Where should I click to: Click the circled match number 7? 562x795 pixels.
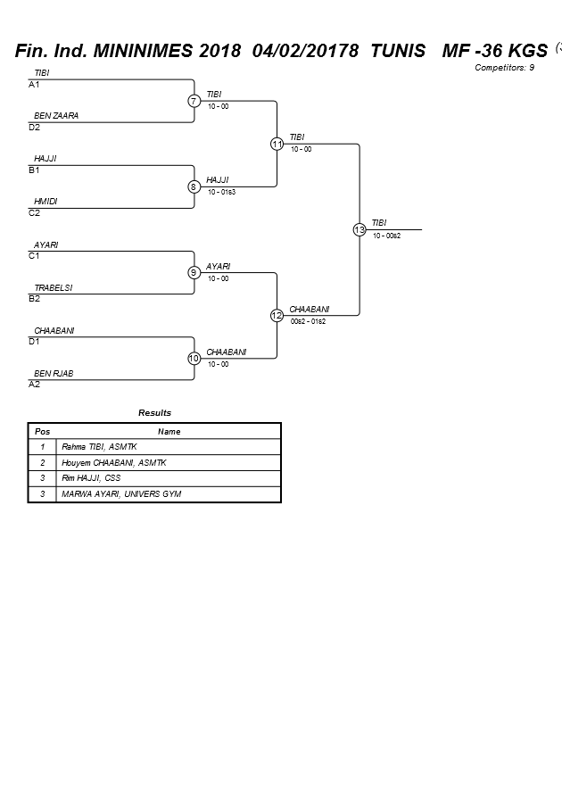(194, 101)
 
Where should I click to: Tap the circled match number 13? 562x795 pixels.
(360, 229)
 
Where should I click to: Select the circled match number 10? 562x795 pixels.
(194, 359)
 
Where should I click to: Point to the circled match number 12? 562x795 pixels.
(277, 316)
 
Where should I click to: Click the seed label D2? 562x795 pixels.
(34, 128)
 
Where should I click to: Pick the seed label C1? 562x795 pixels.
(34, 256)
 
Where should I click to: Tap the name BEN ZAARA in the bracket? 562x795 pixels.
(56, 116)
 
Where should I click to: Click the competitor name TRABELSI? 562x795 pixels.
(54, 287)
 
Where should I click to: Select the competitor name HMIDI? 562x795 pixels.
(45, 202)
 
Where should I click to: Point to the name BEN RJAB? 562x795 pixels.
(54, 373)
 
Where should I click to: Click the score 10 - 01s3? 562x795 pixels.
(221, 192)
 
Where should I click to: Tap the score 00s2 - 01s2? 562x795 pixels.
(308, 321)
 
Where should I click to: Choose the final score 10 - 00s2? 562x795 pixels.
(386, 236)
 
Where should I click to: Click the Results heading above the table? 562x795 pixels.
(154, 413)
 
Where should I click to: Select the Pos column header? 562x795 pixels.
(43, 432)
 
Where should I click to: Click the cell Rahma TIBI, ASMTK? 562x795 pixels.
(99, 447)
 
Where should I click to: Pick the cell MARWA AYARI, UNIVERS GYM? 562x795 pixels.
(121, 493)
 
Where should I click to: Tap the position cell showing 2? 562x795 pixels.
(43, 462)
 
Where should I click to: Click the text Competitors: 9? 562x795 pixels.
(504, 68)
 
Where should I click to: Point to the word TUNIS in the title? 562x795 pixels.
(398, 51)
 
